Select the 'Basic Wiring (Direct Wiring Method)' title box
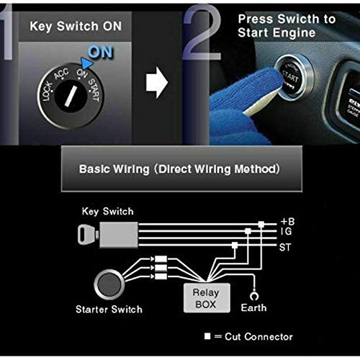tap(179, 170)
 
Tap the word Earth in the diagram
tap(253, 307)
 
